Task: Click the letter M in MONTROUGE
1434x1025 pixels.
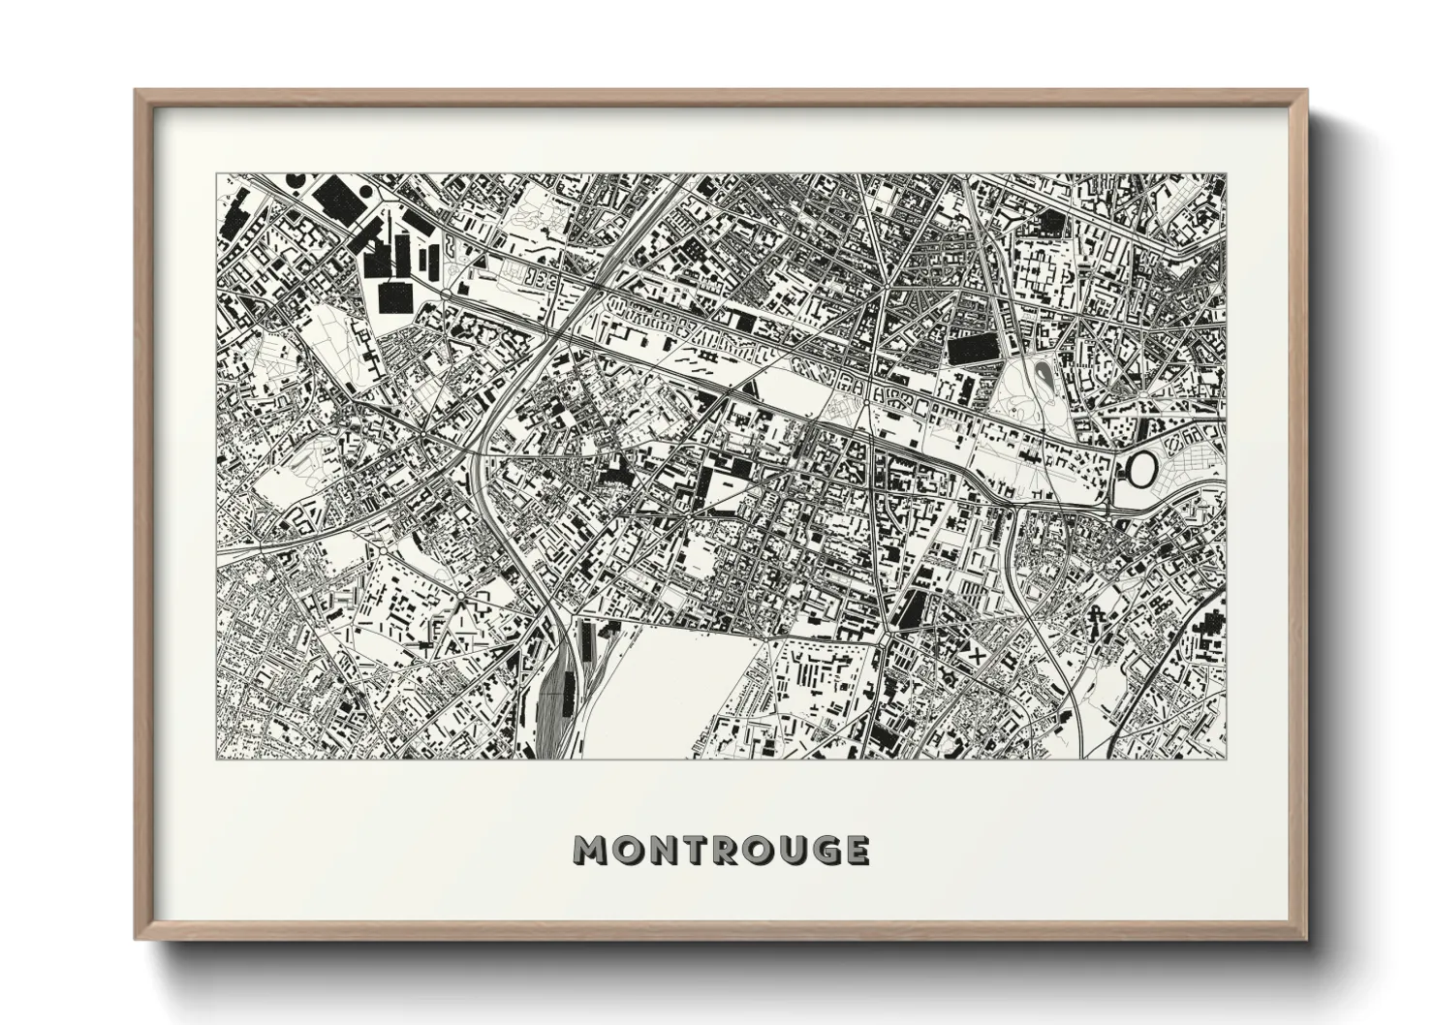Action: pyautogui.click(x=589, y=850)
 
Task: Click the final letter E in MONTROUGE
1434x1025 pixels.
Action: pyautogui.click(x=853, y=850)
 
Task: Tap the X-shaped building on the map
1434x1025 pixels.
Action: pyautogui.click(x=976, y=654)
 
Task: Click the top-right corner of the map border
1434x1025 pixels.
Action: pyautogui.click(x=1225, y=175)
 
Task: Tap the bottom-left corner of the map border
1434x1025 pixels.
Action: pyautogui.click(x=216, y=758)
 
